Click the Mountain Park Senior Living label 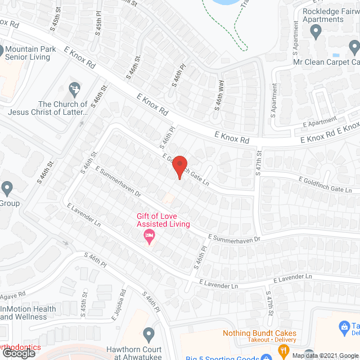pos(31,53)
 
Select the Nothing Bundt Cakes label pos(259,333)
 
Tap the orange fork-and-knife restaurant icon pos(283,352)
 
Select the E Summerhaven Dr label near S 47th pos(235,239)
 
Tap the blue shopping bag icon pos(343,326)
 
